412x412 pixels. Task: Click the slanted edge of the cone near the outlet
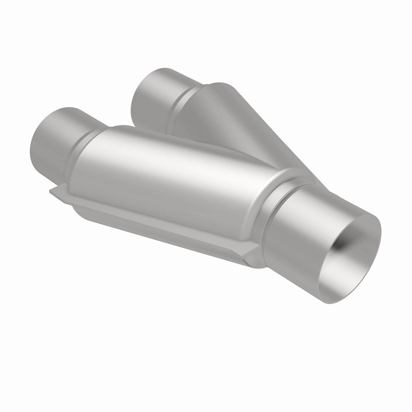pyautogui.click(x=290, y=153)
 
